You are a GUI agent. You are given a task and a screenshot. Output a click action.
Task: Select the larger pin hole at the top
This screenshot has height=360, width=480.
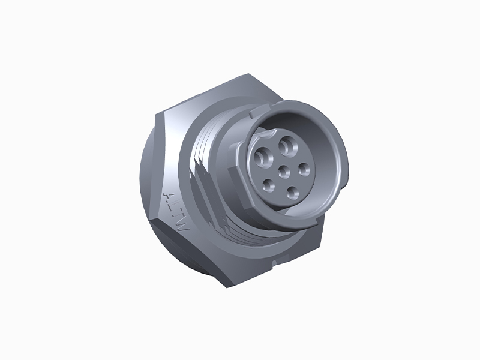(x=289, y=145)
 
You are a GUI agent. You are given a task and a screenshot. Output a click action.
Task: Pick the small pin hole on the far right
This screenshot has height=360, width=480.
(x=304, y=169)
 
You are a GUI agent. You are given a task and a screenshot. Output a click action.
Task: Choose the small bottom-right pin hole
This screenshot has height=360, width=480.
(x=292, y=192)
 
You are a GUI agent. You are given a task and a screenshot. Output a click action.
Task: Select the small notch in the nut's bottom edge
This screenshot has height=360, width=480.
(x=274, y=262)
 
